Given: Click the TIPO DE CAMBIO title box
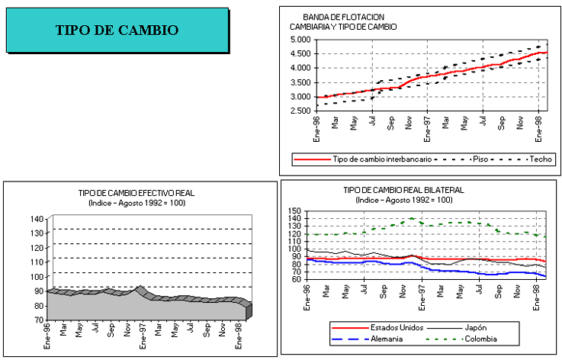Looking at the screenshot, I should point(117,31).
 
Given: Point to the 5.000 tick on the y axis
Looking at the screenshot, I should point(300,39).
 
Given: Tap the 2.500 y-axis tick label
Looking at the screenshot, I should point(300,111).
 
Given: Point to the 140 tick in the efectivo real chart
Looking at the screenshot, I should point(36,219).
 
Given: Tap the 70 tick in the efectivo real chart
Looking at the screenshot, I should point(38,320).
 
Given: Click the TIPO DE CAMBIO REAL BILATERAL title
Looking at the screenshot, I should point(404,190).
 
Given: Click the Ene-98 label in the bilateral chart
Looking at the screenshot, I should point(536,293).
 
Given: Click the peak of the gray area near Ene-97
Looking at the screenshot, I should point(140,287).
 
